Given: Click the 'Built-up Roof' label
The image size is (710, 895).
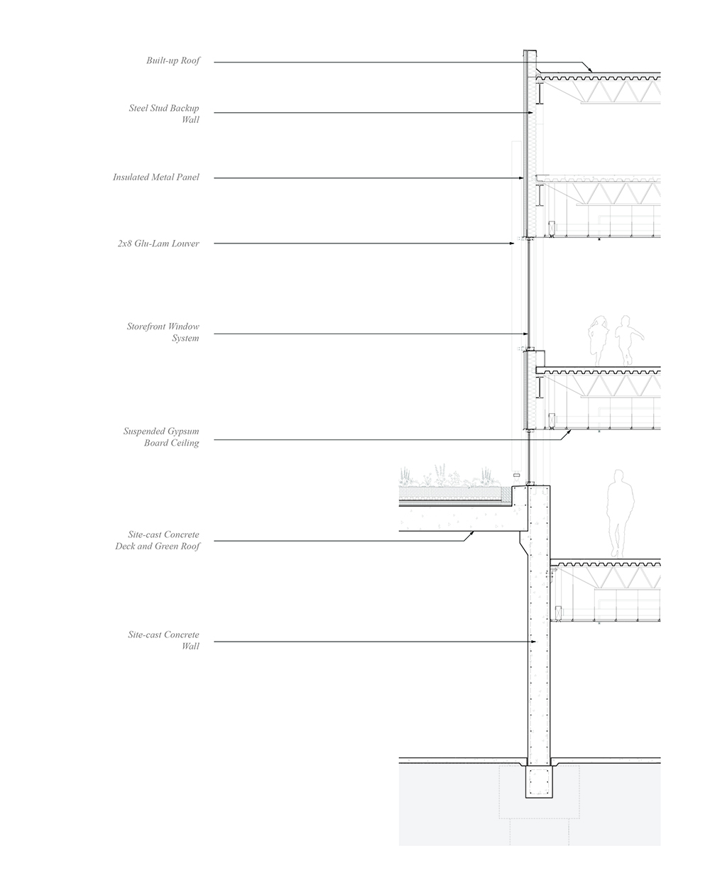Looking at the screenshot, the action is pos(173,61).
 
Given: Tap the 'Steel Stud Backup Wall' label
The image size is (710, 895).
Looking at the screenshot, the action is pos(164,114).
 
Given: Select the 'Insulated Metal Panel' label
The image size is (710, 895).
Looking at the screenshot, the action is pos(156,177).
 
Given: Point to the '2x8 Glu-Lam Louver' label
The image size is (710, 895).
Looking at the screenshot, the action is pos(158,243).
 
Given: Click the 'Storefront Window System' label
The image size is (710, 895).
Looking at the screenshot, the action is pos(163,332).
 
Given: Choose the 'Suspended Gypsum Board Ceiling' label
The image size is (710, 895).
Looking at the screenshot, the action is pos(161,437).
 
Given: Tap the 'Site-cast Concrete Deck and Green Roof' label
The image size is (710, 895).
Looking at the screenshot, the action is pos(158,540).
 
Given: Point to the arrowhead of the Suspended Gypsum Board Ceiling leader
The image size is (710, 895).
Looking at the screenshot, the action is pos(569,433).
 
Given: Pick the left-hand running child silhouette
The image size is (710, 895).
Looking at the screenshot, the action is pos(598,341).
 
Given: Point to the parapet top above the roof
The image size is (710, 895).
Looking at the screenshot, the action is pos(530,51).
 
